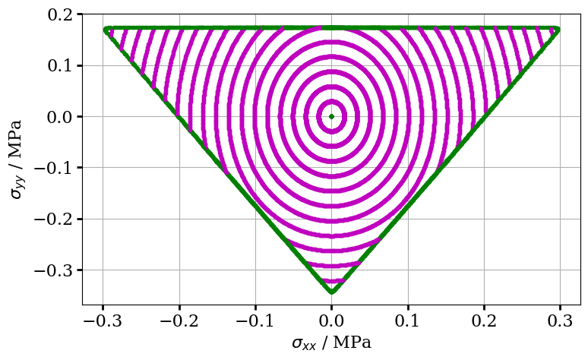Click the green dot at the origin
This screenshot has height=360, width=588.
click(331, 116)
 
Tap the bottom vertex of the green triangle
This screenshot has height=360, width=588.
click(331, 290)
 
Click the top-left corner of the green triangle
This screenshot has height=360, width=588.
click(107, 30)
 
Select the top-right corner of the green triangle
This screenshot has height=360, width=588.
click(556, 30)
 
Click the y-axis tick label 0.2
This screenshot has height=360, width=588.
click(62, 14)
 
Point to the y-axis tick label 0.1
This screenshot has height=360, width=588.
click(62, 65)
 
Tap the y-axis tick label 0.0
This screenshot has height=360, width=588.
click(62, 116)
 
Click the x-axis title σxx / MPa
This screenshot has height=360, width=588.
click(331, 343)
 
